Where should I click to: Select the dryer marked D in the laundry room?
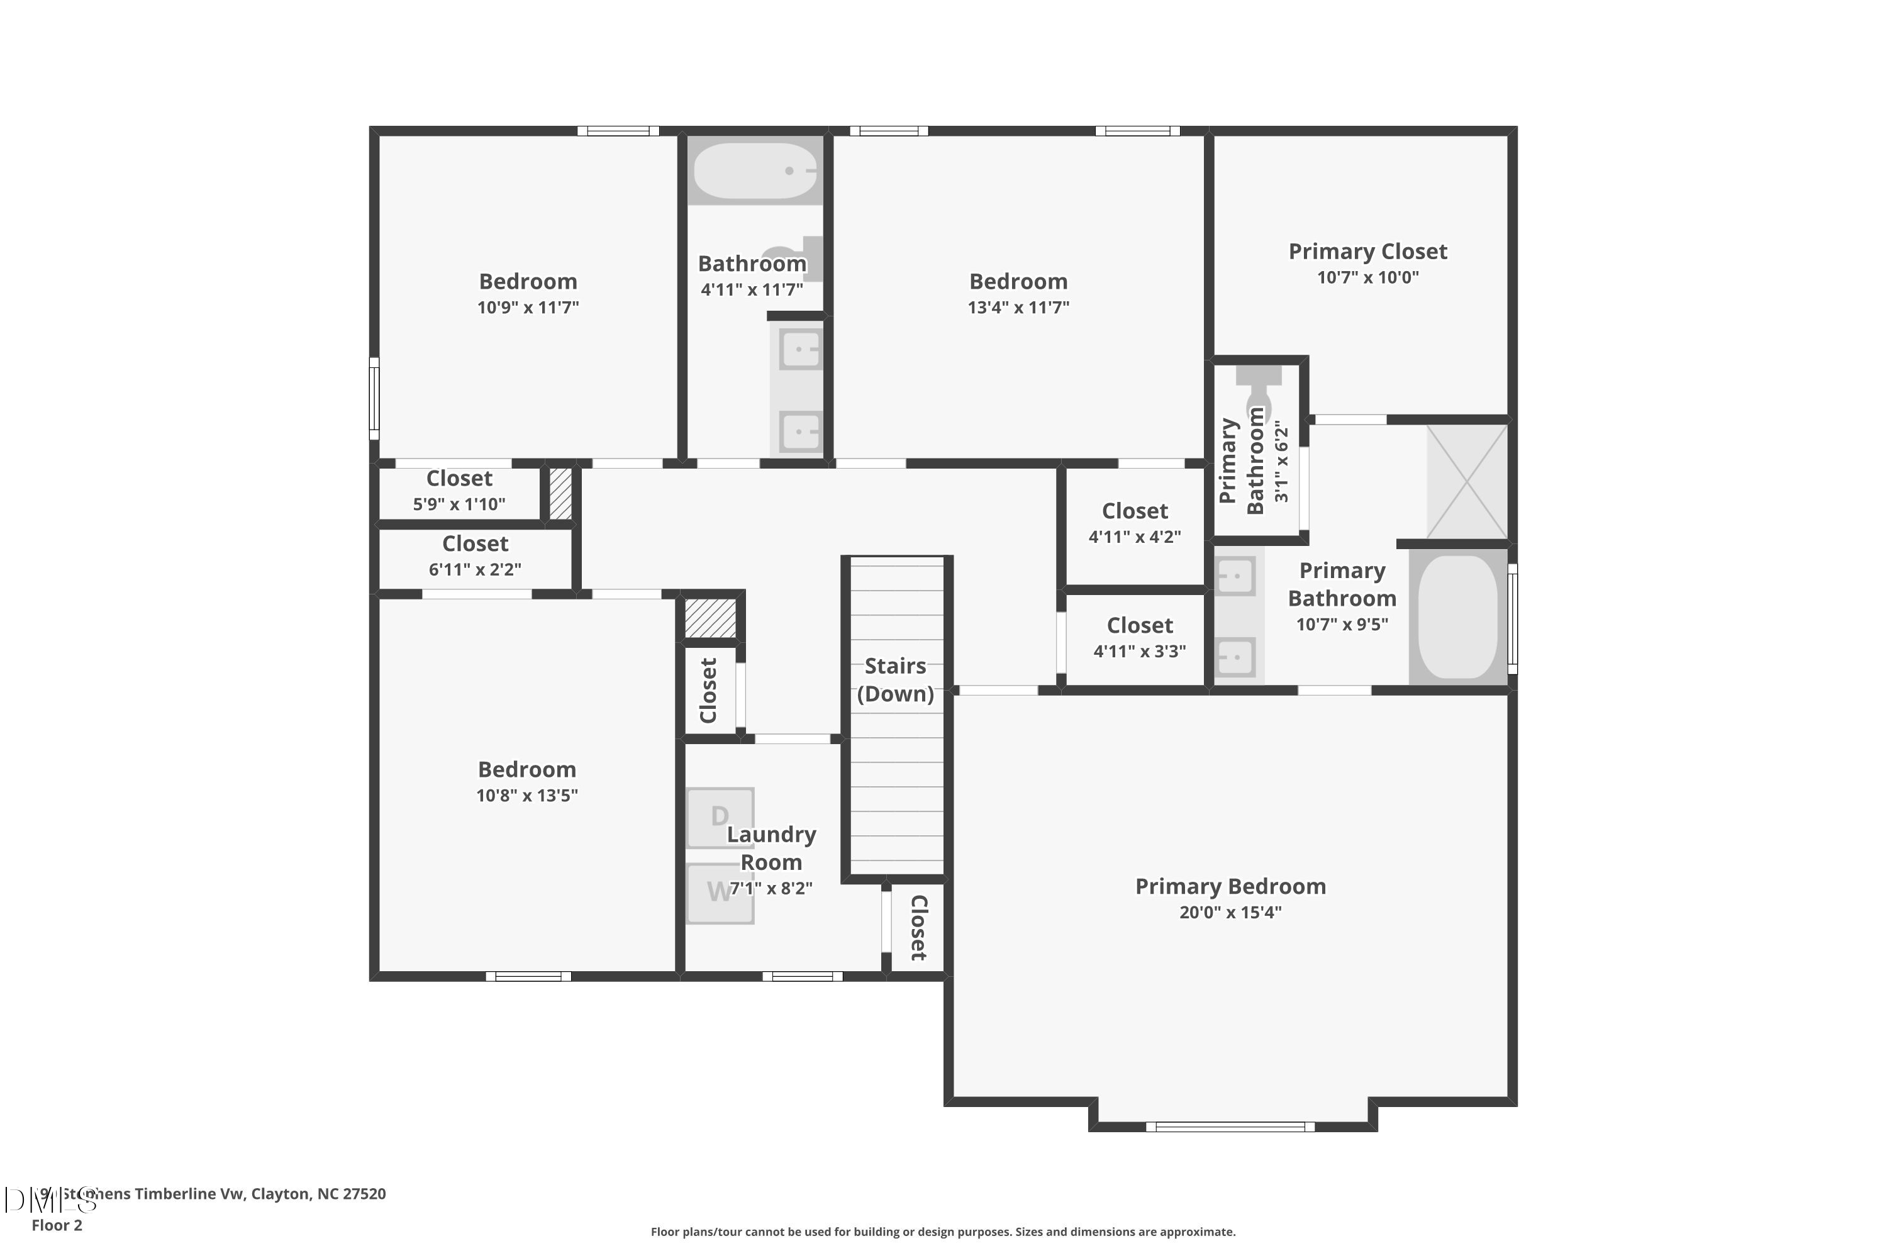click(720, 816)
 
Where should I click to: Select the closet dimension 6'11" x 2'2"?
click(475, 570)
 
